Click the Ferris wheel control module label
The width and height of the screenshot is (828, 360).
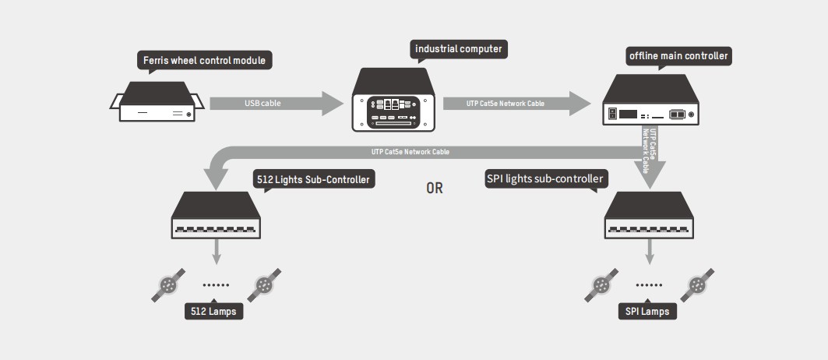point(205,60)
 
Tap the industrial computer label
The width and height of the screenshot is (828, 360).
point(459,50)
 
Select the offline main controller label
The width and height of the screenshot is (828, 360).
point(678,56)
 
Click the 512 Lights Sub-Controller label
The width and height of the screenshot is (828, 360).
point(313,180)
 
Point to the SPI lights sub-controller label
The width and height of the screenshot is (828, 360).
point(544,179)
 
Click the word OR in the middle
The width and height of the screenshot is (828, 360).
point(435,188)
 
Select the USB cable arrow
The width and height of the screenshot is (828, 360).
point(277,103)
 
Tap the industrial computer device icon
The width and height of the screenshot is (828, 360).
point(393,100)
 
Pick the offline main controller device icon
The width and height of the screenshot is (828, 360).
point(651,101)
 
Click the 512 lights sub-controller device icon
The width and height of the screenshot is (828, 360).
point(216,215)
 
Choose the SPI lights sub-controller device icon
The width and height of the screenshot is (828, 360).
point(650,215)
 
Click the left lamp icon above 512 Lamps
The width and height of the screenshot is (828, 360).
point(168,287)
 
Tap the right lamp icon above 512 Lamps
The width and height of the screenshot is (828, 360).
point(263,286)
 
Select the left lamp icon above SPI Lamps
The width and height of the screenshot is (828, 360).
point(602,287)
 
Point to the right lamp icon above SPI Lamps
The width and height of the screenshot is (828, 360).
point(696,286)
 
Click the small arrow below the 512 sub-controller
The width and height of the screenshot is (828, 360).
point(216,252)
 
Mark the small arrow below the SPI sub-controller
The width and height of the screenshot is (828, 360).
point(650,252)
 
